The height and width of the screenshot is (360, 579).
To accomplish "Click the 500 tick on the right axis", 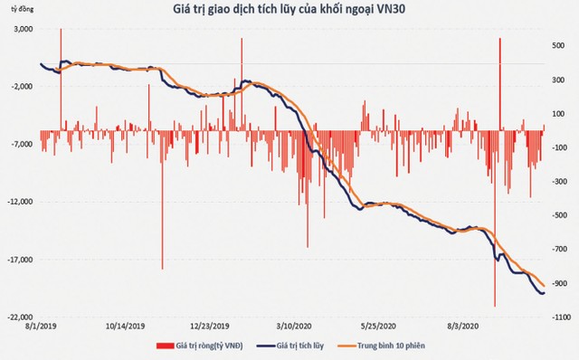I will (560, 44).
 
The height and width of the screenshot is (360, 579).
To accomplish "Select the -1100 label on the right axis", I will (560, 317).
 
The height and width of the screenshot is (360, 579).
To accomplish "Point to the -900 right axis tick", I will (560, 283).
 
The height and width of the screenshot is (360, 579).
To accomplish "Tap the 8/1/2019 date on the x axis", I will (40, 326).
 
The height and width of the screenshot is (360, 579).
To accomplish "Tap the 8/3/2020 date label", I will (461, 326).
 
